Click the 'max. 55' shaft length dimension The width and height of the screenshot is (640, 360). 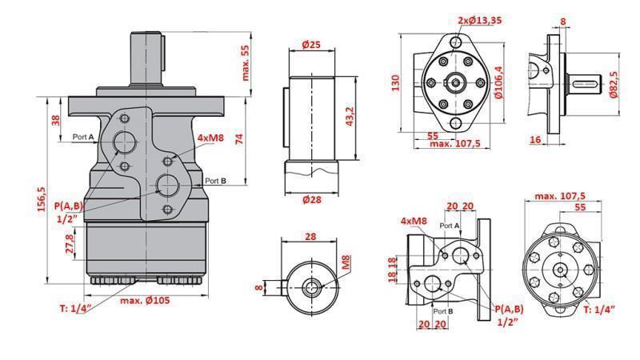click(246, 62)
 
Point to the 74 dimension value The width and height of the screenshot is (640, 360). click(238, 138)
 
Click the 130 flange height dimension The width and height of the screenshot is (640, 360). click(394, 84)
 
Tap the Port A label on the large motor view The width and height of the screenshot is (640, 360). click(83, 137)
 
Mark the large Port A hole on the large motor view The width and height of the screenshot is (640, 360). click(125, 142)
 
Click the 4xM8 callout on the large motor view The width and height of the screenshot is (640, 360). click(210, 138)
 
